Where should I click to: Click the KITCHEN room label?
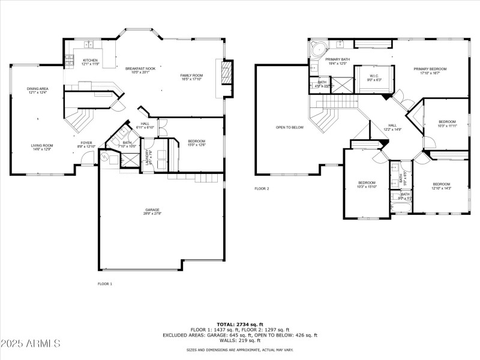coord(90,61)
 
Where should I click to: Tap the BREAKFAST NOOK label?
coord(140,69)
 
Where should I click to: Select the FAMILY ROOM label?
coord(192,76)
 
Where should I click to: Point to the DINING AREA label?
coord(37,89)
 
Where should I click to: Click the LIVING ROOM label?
coord(42,145)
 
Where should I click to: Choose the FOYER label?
coord(86,144)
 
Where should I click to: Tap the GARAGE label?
coord(151,210)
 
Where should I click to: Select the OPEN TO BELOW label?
coord(289,127)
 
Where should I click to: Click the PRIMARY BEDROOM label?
coord(430,70)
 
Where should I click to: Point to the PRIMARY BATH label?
coord(337,60)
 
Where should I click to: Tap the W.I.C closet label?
coord(373,76)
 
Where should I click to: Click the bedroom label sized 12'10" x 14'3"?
coord(442,185)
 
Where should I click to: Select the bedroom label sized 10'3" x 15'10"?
coord(367,184)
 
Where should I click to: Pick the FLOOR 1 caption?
coord(104,283)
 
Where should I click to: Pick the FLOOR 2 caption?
coord(262,188)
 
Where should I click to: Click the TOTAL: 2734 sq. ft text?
coord(239,324)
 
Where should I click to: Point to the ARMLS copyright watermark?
coord(31,344)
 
